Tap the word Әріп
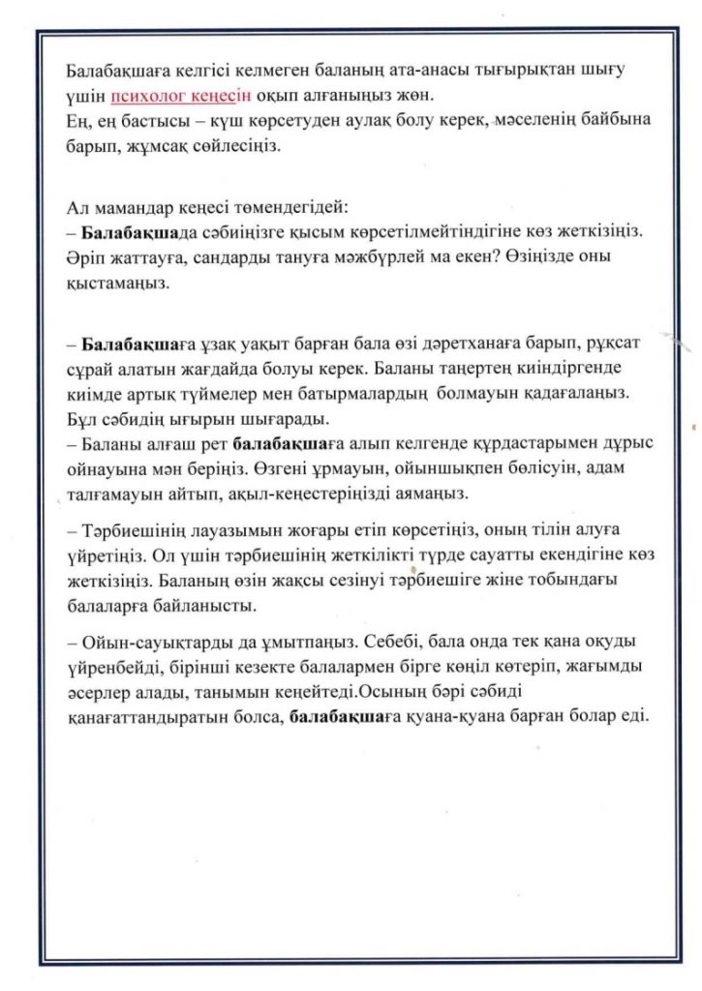click(x=84, y=258)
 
